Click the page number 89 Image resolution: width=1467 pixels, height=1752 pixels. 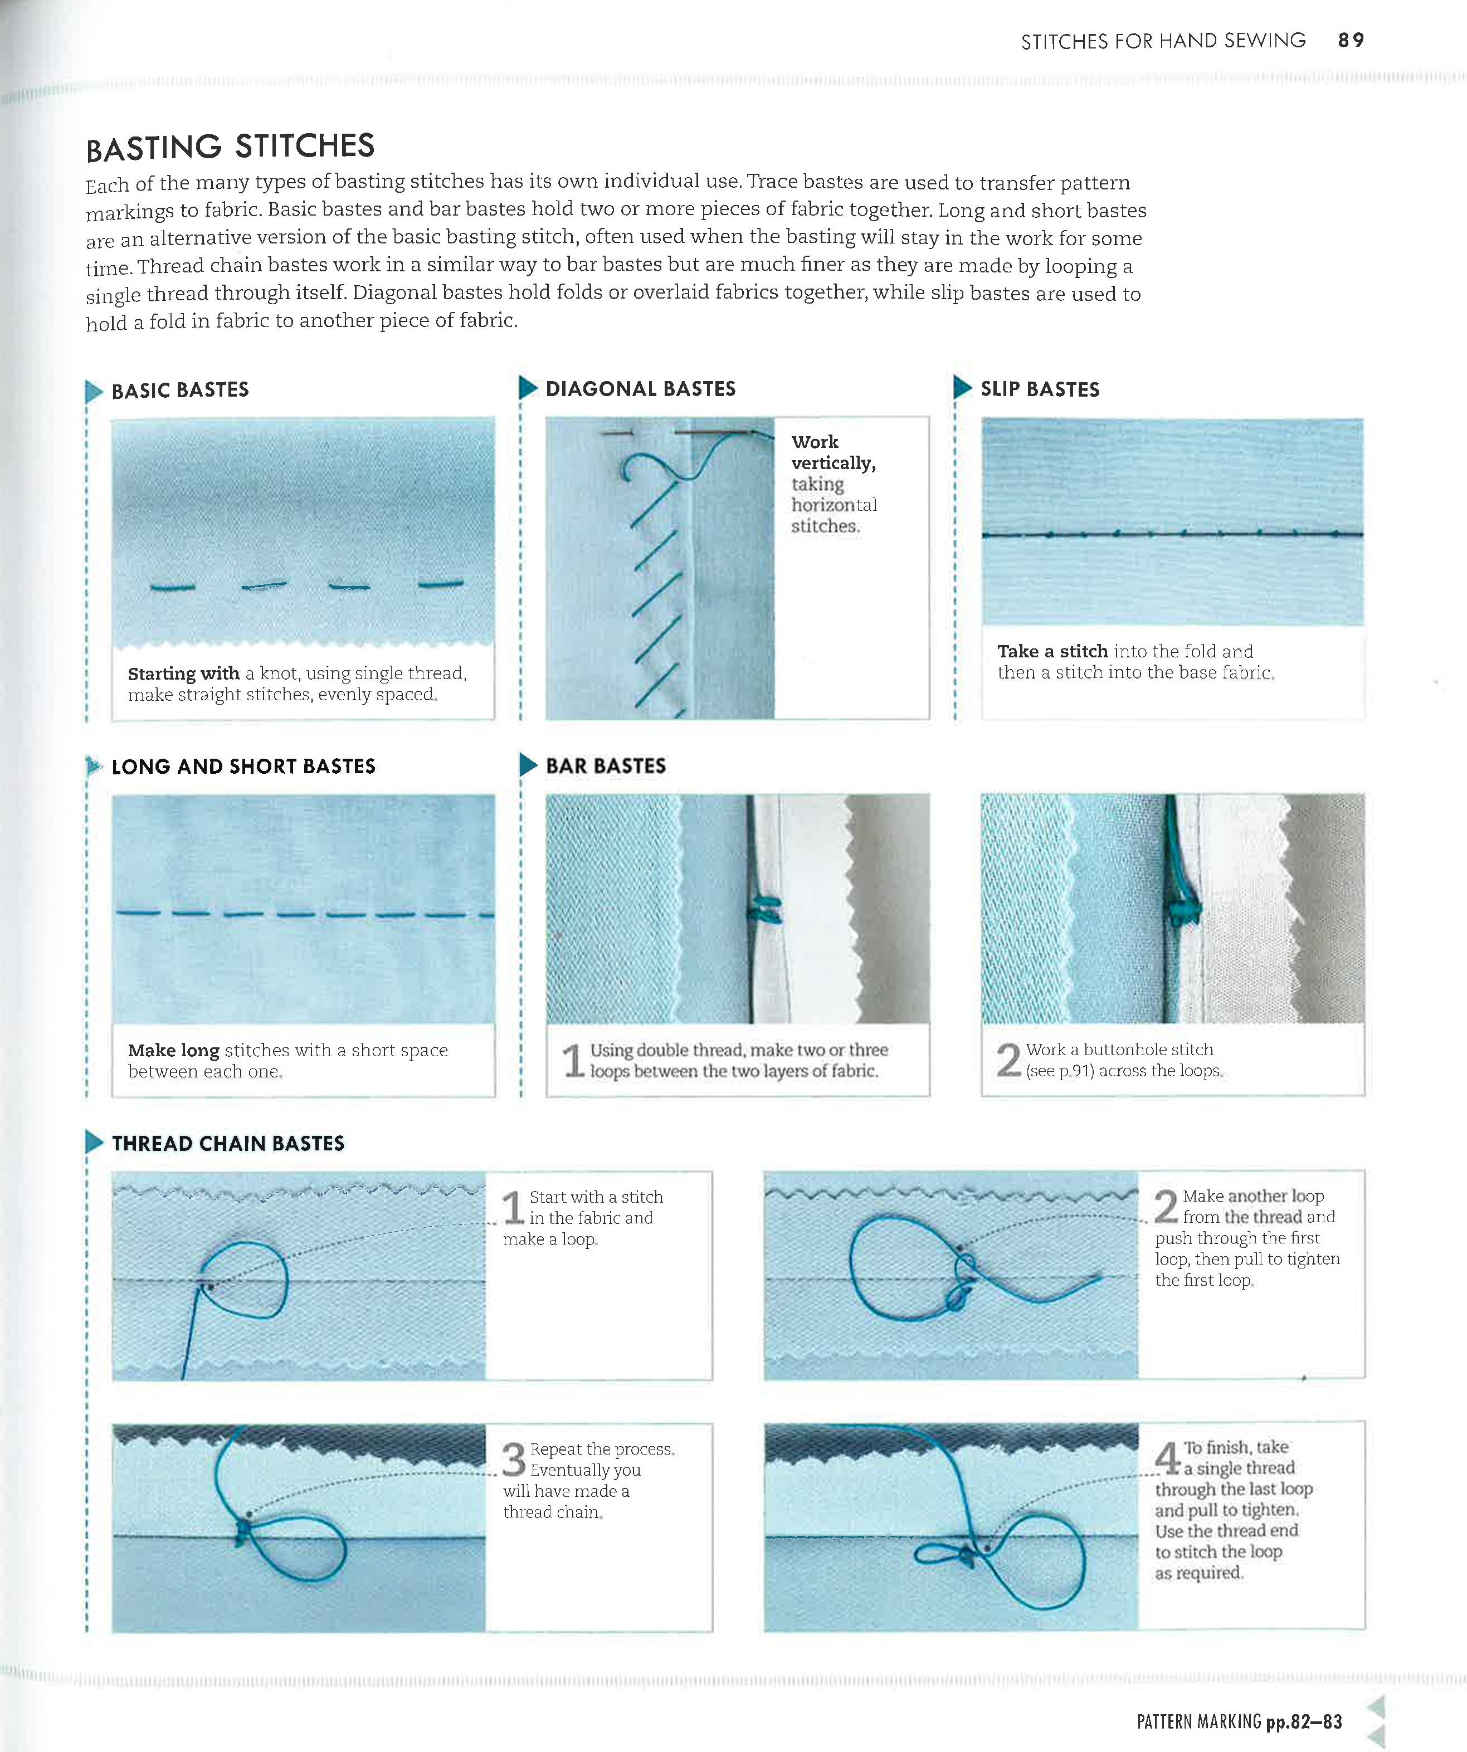point(1350,40)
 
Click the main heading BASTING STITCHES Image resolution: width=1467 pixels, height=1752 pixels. point(230,148)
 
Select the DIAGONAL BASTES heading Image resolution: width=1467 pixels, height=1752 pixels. point(640,389)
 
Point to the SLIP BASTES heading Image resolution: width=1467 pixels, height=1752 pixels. point(1040,389)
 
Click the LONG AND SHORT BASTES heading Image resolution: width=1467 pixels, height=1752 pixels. point(243,766)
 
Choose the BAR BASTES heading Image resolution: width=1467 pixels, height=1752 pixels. point(606,766)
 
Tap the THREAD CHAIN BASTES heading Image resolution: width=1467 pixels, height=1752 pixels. point(228,1143)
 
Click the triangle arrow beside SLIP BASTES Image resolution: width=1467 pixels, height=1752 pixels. point(962,387)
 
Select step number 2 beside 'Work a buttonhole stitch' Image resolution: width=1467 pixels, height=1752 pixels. point(1008,1060)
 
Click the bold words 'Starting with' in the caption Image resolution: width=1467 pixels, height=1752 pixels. point(183,674)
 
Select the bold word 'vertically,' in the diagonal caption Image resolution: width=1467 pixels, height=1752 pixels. point(833,463)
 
